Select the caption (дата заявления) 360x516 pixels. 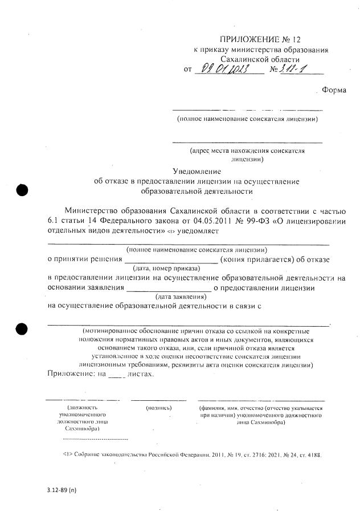tap(181, 296)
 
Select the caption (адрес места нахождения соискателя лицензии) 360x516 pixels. tap(247, 155)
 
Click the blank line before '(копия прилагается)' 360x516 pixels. tap(171, 259)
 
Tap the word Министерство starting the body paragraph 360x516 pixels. tap(93, 209)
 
